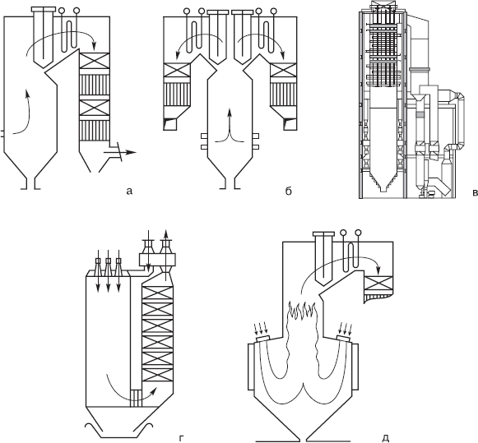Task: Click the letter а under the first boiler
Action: tap(129, 192)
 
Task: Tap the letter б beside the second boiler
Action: tap(289, 191)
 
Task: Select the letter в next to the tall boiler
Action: tap(475, 192)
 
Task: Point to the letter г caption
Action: tap(181, 438)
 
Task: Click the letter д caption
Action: tap(385, 438)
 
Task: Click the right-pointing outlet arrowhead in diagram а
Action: tap(131, 152)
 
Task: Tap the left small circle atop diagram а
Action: tap(63, 11)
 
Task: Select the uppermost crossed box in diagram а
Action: tap(94, 61)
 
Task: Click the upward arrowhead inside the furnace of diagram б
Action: tap(230, 113)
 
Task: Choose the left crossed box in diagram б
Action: tap(177, 71)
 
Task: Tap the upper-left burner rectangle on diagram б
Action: tap(204, 136)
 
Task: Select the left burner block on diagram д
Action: tap(250, 367)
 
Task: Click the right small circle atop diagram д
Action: tap(358, 233)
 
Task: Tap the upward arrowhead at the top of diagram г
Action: tap(166, 232)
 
